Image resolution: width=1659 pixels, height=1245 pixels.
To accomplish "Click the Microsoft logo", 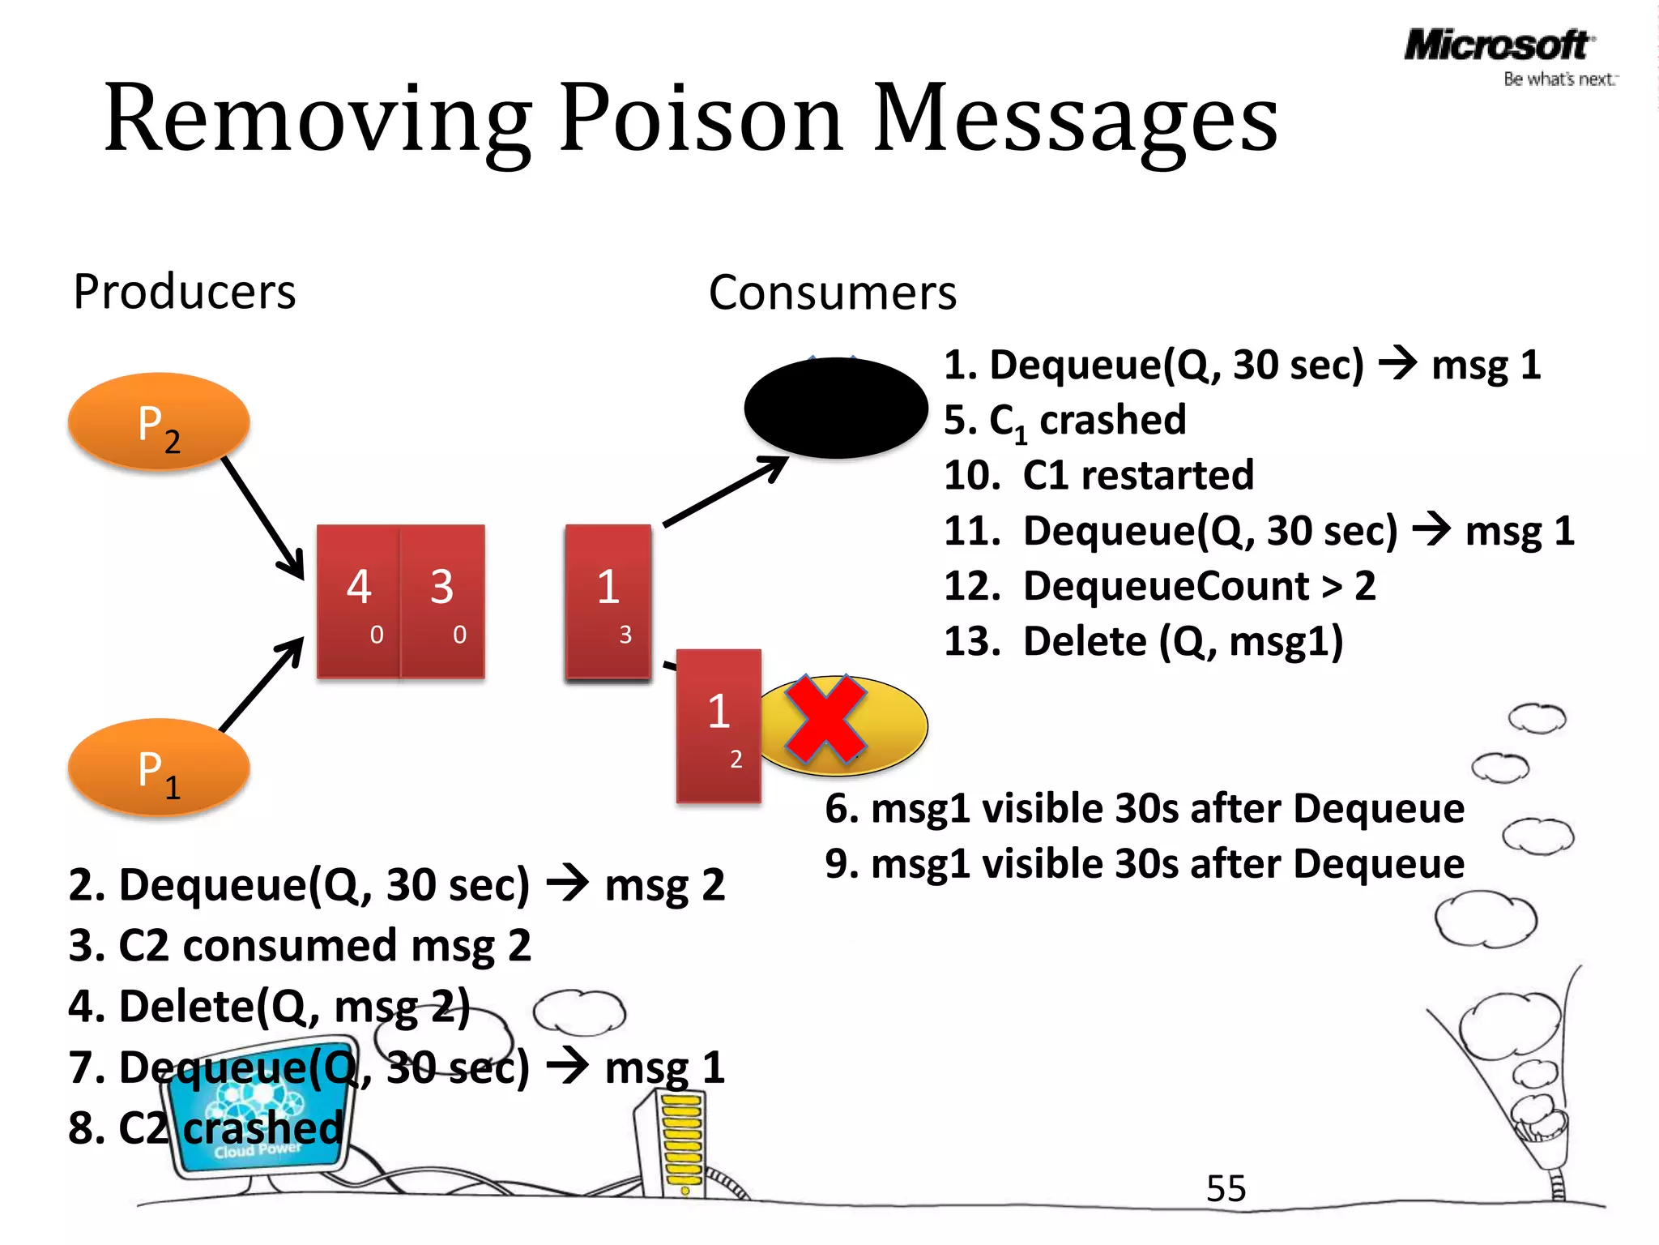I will (1497, 46).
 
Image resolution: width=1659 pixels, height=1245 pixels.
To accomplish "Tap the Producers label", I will (185, 292).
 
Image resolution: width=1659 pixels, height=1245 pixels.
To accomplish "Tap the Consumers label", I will (832, 293).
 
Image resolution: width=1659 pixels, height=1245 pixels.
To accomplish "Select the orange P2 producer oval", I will (159, 421).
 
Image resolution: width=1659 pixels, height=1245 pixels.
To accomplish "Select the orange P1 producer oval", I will (159, 767).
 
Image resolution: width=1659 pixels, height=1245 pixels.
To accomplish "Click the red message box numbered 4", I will (358, 600).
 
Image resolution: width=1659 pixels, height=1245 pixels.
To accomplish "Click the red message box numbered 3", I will (443, 600).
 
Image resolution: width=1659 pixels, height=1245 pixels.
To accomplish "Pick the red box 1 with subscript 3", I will (608, 600).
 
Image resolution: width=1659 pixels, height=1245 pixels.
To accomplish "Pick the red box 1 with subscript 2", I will (719, 725).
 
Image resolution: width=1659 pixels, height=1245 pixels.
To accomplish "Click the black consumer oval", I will (835, 408).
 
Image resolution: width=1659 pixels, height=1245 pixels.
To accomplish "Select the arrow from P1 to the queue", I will (262, 685).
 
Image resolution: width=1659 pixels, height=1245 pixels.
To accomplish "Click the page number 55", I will (1226, 1189).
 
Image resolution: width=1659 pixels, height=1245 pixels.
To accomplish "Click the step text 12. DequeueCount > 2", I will (1159, 586).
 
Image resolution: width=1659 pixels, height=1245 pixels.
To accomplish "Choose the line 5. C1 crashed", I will (1064, 420).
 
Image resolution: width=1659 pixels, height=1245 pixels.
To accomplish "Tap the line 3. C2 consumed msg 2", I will (300, 945).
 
